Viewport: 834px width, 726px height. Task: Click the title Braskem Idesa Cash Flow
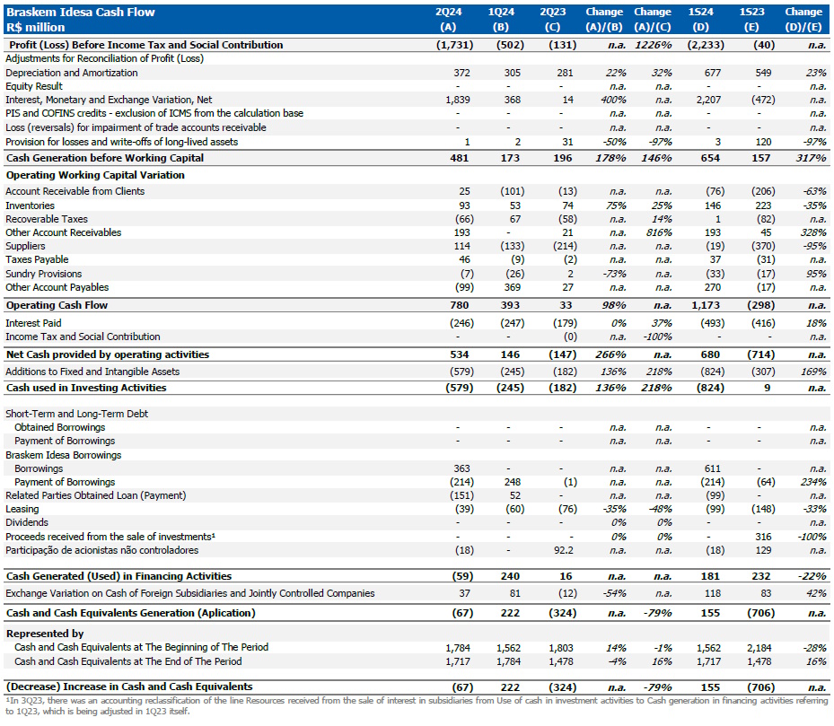pyautogui.click(x=80, y=12)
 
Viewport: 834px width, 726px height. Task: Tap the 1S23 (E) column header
pyautogui.click(x=751, y=19)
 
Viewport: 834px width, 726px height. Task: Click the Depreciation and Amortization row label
pyautogui.click(x=72, y=73)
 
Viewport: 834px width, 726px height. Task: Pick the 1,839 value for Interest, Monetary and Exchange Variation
pyautogui.click(x=457, y=100)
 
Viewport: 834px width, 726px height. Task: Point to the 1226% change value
pyautogui.click(x=653, y=45)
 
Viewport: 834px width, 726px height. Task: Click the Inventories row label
pyautogui.click(x=30, y=206)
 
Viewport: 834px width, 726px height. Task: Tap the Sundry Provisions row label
pyautogui.click(x=43, y=274)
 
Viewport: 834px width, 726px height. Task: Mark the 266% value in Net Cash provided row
pyautogui.click(x=610, y=354)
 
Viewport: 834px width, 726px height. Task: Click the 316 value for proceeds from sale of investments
pyautogui.click(x=755, y=537)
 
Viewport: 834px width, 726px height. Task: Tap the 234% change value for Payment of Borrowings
pyautogui.click(x=813, y=482)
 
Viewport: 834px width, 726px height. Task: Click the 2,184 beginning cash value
pyautogui.click(x=750, y=647)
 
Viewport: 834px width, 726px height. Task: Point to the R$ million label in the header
pyautogui.click(x=35, y=26)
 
